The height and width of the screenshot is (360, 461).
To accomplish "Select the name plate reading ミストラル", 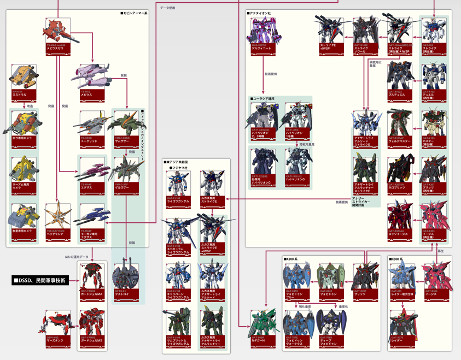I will tap(24, 95).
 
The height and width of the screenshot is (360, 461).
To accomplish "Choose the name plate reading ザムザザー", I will tap(126, 141).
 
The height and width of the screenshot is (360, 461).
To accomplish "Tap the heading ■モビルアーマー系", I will tap(134, 13).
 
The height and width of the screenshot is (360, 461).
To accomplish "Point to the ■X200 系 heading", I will tap(294, 259).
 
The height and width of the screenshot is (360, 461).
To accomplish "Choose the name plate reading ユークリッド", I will tap(92, 141).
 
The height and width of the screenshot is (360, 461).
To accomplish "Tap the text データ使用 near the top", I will tap(168, 8).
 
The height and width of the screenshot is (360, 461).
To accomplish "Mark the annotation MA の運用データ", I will tap(77, 257).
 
